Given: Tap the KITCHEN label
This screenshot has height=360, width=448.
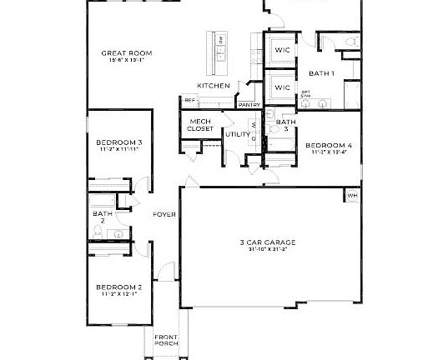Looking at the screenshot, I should [213, 86].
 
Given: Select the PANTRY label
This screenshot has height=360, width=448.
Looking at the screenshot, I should [249, 105].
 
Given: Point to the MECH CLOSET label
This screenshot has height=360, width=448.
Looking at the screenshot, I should [199, 125].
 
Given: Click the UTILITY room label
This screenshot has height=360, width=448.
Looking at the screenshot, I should [237, 133].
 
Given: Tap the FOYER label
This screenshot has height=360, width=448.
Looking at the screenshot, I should [164, 215].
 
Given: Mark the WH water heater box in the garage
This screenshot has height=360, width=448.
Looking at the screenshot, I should [352, 196].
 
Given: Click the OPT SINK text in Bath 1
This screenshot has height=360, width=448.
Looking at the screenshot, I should [305, 94].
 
